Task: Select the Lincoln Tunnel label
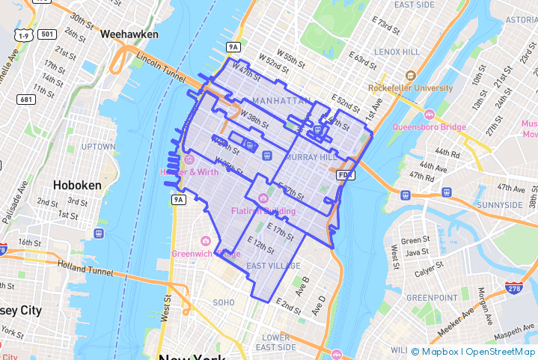point(159,67)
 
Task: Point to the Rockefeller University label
point(412,88)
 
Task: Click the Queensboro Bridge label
point(430,126)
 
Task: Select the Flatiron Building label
point(263,210)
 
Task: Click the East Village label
point(273,266)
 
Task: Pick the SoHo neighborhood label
point(224,302)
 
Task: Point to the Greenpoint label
point(432,298)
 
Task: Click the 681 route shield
point(27,100)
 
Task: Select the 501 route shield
point(48,34)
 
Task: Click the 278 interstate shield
point(513,287)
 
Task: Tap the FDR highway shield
point(345,174)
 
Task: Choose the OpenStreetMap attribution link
point(500,351)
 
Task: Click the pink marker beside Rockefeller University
point(410,76)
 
